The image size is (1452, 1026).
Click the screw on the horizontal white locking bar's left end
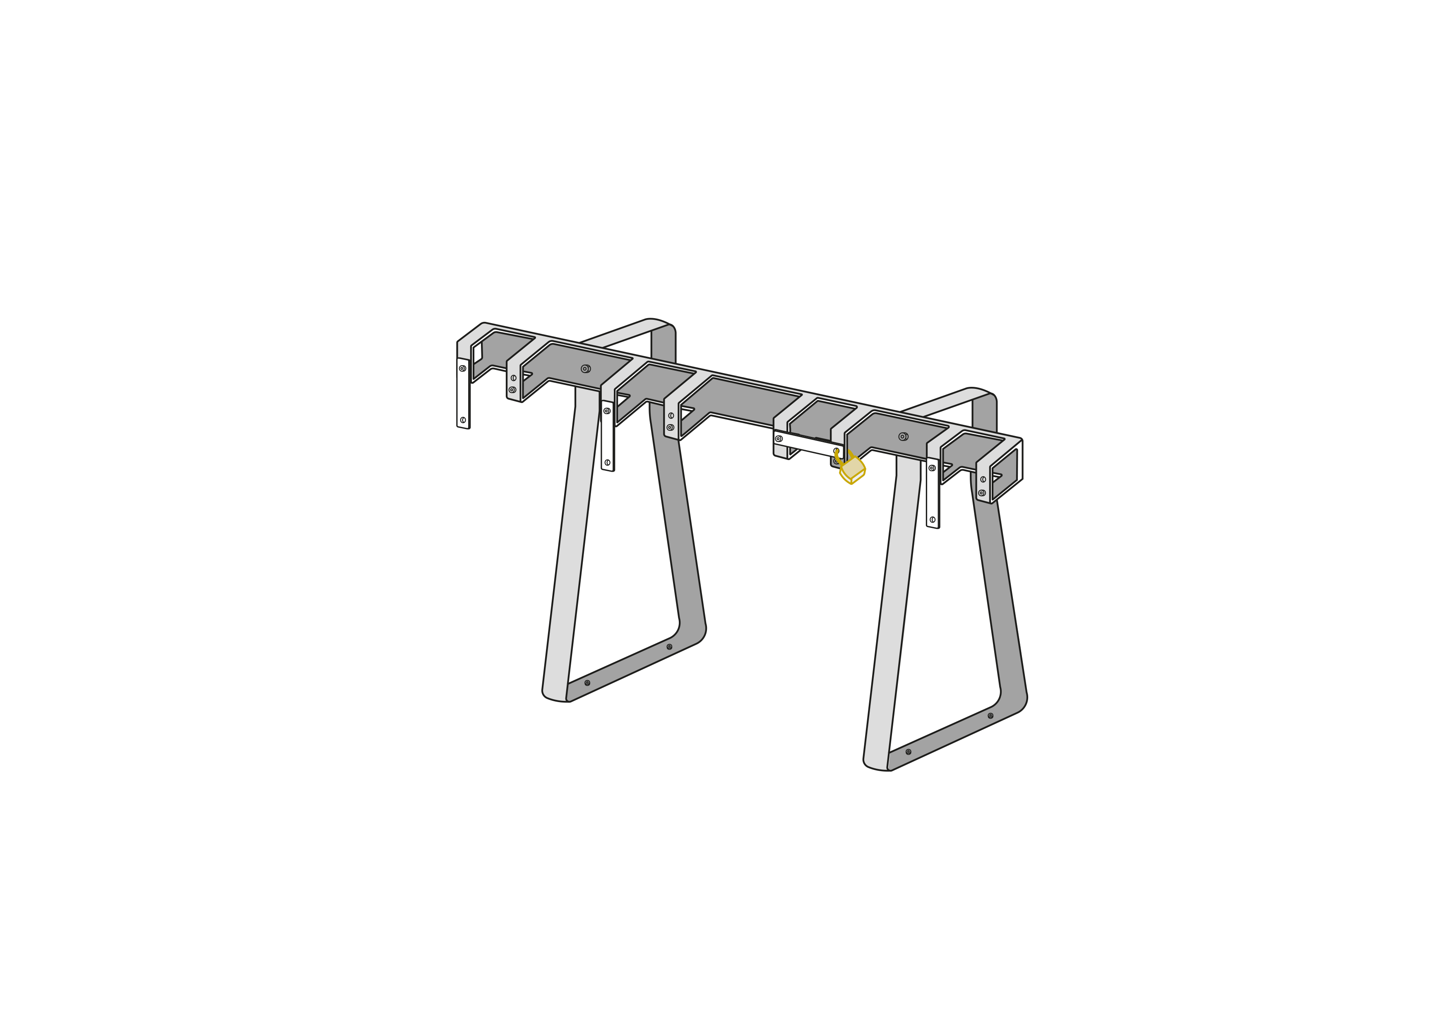[x=779, y=439]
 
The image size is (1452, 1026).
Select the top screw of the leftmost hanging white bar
[x=462, y=369]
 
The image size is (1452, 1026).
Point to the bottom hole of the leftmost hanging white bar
[x=463, y=420]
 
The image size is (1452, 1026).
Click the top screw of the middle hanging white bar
[x=606, y=411]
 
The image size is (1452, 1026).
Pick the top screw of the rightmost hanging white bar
[x=932, y=468]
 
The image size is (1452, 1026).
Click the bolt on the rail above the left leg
[x=585, y=369]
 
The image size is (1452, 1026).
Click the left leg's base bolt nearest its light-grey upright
[x=587, y=683]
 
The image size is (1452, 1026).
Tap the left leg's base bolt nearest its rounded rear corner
[x=669, y=647]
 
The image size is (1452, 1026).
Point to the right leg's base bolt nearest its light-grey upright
[x=908, y=752]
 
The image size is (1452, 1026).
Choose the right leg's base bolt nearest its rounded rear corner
[x=990, y=716]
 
